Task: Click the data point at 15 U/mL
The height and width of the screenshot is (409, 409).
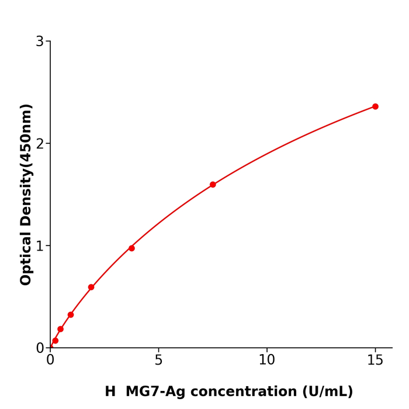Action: click(x=375, y=106)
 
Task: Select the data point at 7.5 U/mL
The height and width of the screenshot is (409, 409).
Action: click(x=213, y=185)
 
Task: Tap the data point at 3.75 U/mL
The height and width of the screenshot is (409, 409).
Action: click(x=131, y=248)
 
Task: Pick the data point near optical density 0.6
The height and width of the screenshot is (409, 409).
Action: click(x=91, y=287)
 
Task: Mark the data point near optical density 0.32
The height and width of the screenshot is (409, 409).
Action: click(x=71, y=314)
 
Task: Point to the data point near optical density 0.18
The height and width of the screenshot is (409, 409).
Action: click(x=60, y=329)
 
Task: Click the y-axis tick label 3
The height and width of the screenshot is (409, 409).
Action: click(x=40, y=41)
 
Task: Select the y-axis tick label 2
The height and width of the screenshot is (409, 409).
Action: click(x=40, y=144)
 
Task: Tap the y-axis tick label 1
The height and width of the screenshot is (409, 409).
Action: click(x=40, y=246)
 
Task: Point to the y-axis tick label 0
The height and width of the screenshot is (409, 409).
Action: click(x=40, y=348)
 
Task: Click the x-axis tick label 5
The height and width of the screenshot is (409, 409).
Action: click(x=158, y=361)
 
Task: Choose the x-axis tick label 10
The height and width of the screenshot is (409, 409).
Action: click(x=266, y=361)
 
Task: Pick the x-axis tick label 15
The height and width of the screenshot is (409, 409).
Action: click(x=375, y=361)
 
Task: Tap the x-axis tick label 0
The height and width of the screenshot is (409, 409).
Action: click(x=50, y=361)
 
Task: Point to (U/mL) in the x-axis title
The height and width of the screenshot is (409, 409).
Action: click(x=328, y=392)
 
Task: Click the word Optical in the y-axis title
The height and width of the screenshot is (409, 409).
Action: click(x=26, y=257)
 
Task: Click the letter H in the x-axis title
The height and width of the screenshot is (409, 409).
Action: click(x=110, y=392)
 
